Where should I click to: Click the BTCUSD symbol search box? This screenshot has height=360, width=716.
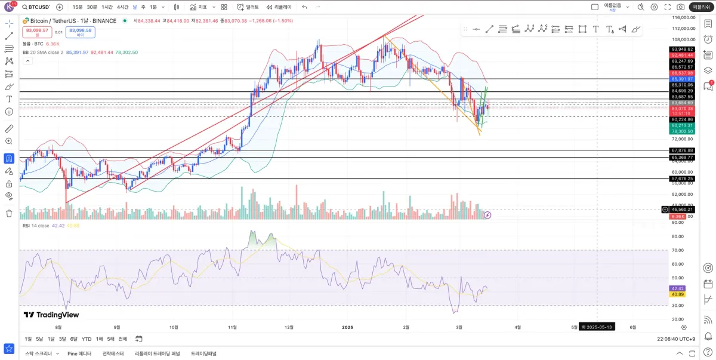pyautogui.click(x=37, y=7)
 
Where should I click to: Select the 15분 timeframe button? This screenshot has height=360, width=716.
pyautogui.click(x=78, y=7)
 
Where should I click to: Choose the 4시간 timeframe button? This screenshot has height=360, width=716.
pyautogui.click(x=123, y=7)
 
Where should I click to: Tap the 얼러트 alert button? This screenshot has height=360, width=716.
pyautogui.click(x=248, y=7)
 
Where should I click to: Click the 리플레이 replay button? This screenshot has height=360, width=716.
pyautogui.click(x=279, y=7)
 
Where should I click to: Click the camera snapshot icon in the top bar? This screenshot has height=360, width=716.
pyautogui.click(x=681, y=7)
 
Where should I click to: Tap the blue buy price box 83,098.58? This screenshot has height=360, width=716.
pyautogui.click(x=80, y=32)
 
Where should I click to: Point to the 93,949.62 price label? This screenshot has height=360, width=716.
pyautogui.click(x=682, y=49)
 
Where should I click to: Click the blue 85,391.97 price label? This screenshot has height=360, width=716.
pyautogui.click(x=682, y=79)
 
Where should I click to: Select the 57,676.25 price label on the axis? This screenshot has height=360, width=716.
pyautogui.click(x=682, y=179)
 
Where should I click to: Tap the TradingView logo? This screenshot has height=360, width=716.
pyautogui.click(x=51, y=315)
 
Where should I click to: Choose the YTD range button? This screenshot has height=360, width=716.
pyautogui.click(x=87, y=339)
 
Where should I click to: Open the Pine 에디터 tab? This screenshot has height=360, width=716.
pyautogui.click(x=79, y=353)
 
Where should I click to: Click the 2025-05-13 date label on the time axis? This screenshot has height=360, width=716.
pyautogui.click(x=598, y=327)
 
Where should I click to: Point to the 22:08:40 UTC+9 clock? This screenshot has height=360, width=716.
pyautogui.click(x=675, y=339)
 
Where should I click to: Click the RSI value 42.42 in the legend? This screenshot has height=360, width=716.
pyautogui.click(x=58, y=226)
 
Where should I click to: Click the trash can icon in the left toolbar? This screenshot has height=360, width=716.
pyautogui.click(x=9, y=213)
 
